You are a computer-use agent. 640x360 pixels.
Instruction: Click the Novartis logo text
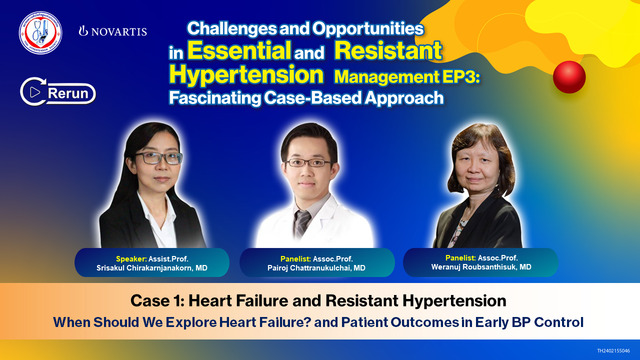tap(112, 31)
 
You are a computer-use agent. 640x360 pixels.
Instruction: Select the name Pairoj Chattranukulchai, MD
tap(318, 269)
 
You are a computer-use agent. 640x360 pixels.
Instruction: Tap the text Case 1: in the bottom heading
tap(160, 300)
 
